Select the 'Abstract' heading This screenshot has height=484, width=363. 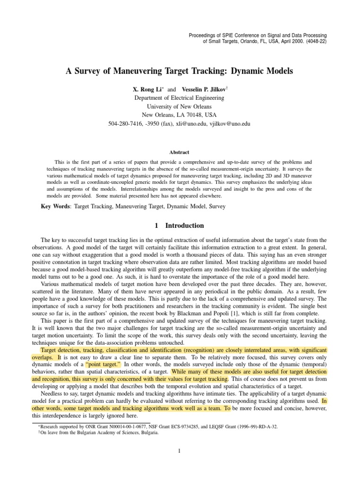pyautogui.click(x=179, y=152)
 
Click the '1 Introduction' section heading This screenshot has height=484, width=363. pyautogui.click(x=179, y=225)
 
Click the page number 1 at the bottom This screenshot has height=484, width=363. pyautogui.click(x=180, y=450)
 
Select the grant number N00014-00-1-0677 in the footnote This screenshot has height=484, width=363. pyautogui.click(x=121, y=426)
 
